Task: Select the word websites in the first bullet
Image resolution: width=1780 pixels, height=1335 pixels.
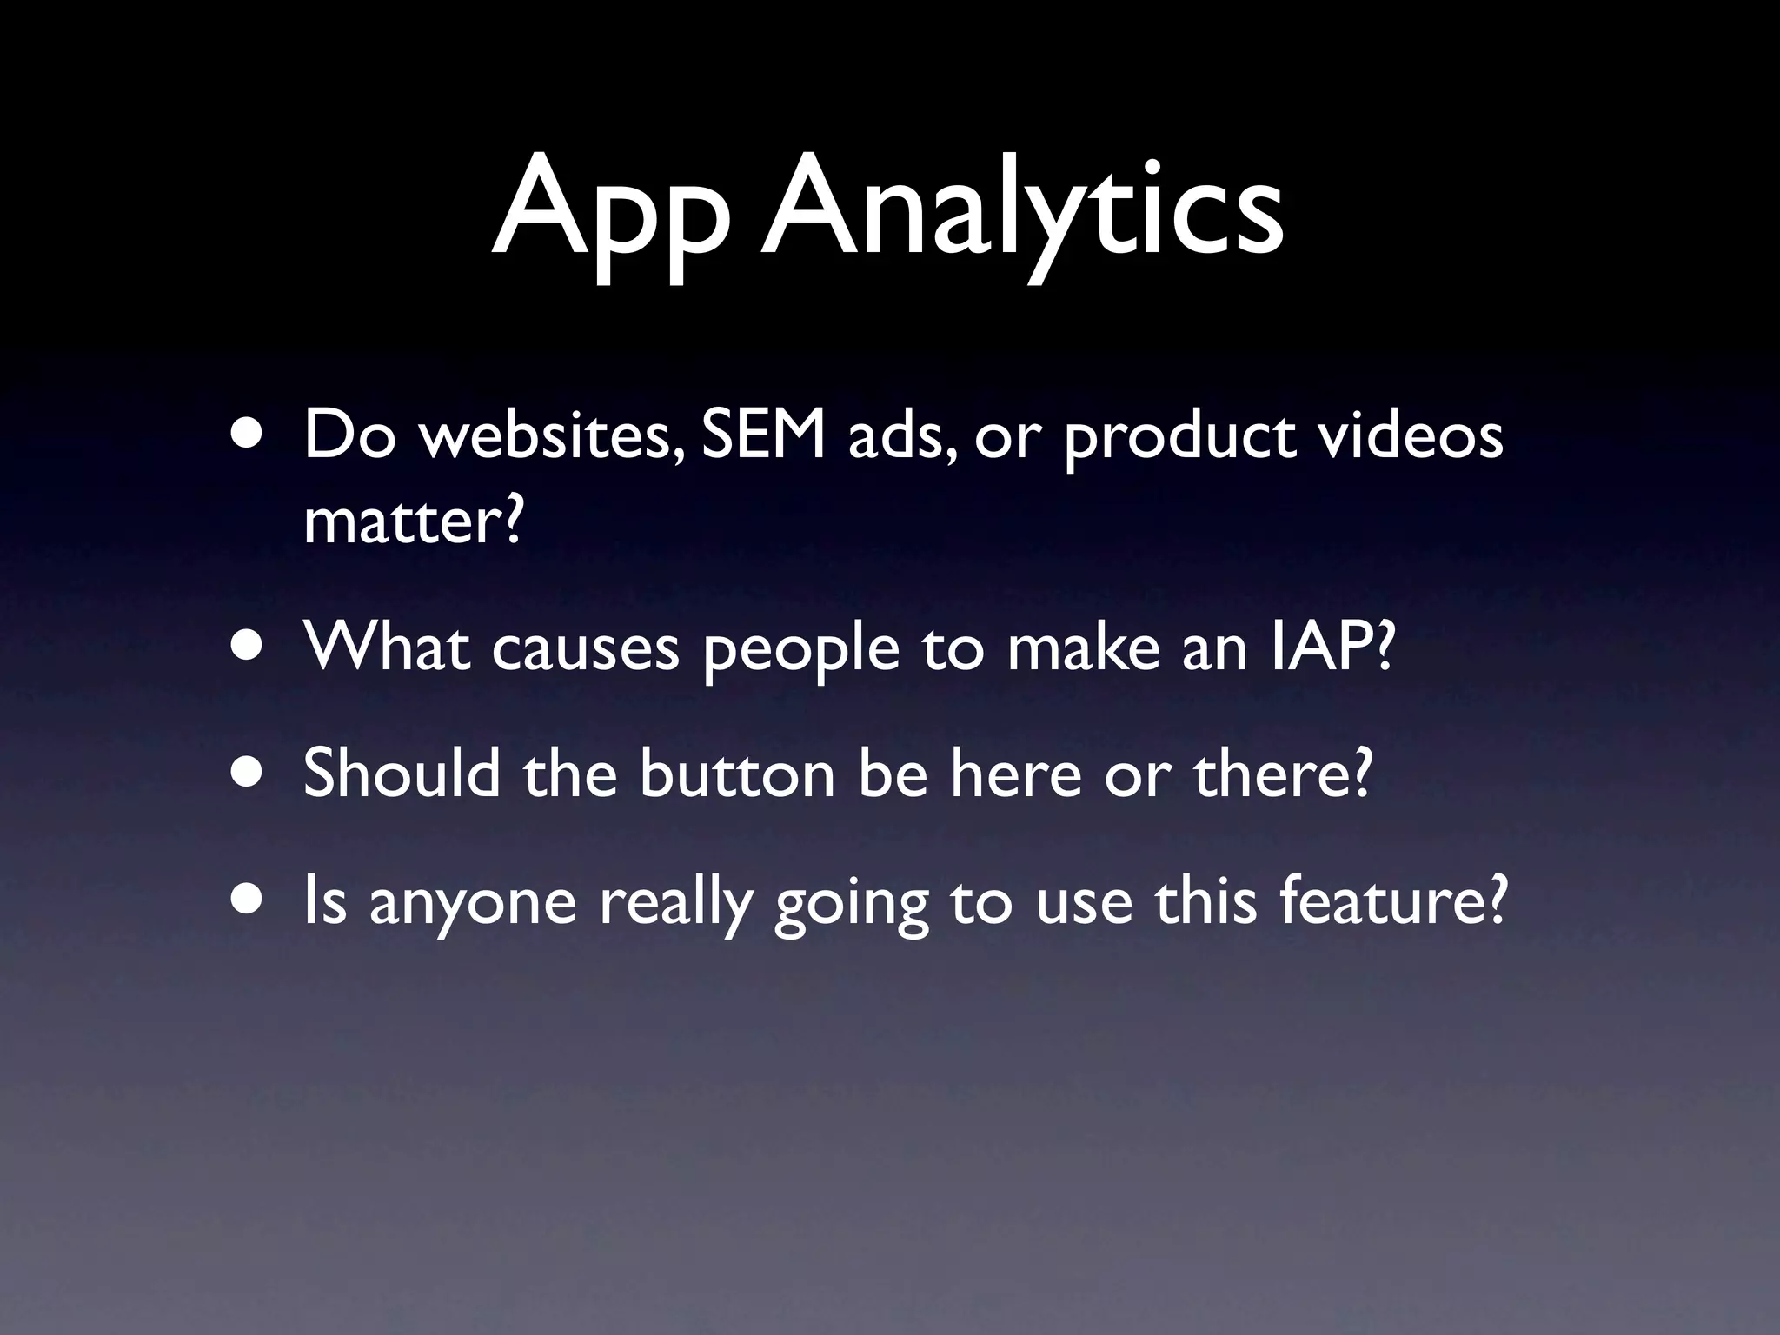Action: tap(549, 436)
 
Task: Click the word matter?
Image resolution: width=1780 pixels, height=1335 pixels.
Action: tap(414, 521)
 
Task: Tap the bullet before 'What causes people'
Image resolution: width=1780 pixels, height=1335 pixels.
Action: tap(250, 647)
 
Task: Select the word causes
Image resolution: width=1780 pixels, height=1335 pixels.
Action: tap(585, 648)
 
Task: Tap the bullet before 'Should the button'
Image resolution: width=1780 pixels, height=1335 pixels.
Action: tap(250, 773)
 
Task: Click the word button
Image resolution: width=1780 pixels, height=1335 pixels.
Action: tap(738, 773)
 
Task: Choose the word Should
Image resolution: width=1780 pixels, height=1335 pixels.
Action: tap(402, 773)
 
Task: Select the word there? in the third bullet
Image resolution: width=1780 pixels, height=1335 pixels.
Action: tap(1282, 773)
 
